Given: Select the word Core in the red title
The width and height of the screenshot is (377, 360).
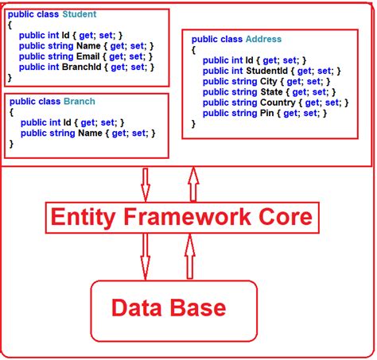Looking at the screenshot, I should (290, 216).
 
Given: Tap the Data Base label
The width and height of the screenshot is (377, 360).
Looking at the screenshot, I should (168, 308).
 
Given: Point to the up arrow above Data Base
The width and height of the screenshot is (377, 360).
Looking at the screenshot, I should (189, 256).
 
